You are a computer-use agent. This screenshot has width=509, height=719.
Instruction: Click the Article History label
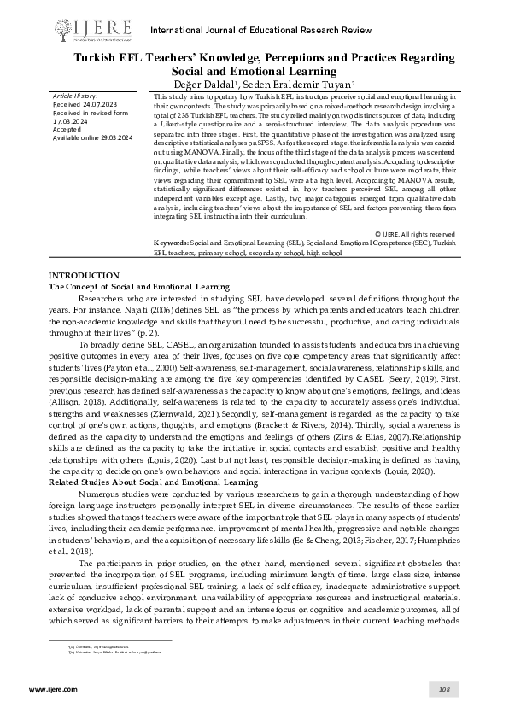(x=75, y=96)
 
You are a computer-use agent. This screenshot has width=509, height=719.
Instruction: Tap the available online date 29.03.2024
(x=114, y=137)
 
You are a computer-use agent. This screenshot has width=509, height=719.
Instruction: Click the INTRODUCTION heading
(x=84, y=275)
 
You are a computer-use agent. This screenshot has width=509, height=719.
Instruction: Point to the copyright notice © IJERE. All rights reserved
(x=420, y=232)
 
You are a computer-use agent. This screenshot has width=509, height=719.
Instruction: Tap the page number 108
(x=443, y=688)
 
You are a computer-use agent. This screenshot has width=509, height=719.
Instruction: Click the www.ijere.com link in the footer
(x=49, y=688)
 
